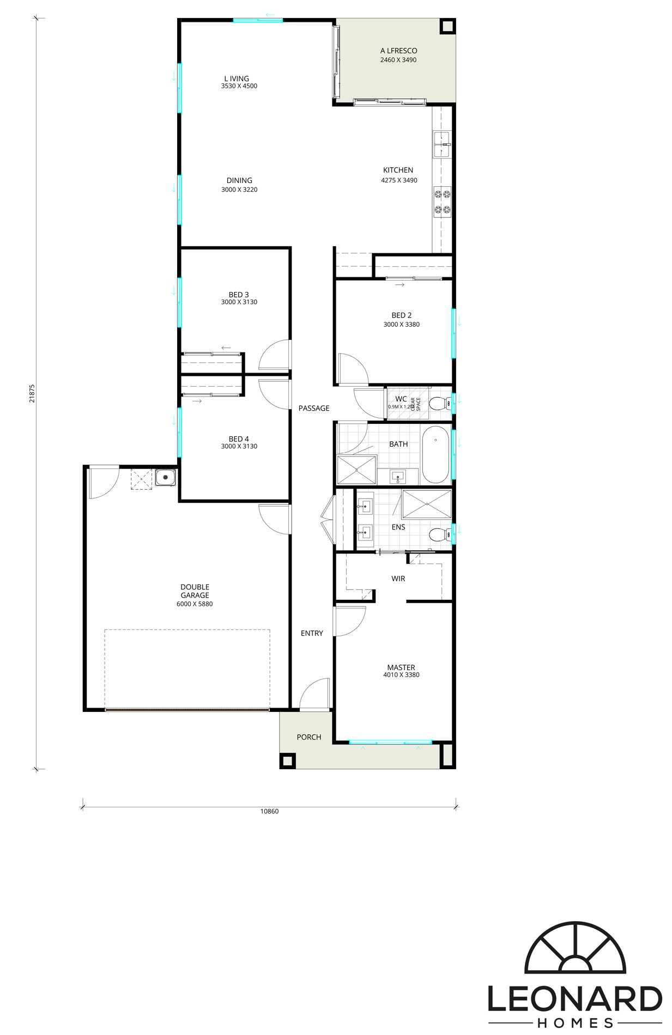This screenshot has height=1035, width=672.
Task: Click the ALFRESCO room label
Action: (x=398, y=51)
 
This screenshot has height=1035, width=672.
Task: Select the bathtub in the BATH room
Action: (x=436, y=455)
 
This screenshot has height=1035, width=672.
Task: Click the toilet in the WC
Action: (x=438, y=404)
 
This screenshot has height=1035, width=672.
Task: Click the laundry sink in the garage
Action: (x=164, y=478)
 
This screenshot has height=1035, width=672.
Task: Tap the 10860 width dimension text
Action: (x=269, y=811)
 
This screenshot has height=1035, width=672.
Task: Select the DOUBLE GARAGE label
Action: (x=195, y=591)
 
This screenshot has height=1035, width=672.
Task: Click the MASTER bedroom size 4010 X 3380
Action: (x=401, y=675)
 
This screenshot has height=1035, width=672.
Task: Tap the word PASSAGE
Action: (x=314, y=408)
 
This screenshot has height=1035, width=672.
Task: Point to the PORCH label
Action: (x=309, y=737)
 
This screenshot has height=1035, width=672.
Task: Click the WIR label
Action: (x=398, y=579)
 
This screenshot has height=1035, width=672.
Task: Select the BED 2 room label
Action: (x=402, y=315)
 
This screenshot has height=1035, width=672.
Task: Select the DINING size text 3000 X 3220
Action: (x=239, y=190)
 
